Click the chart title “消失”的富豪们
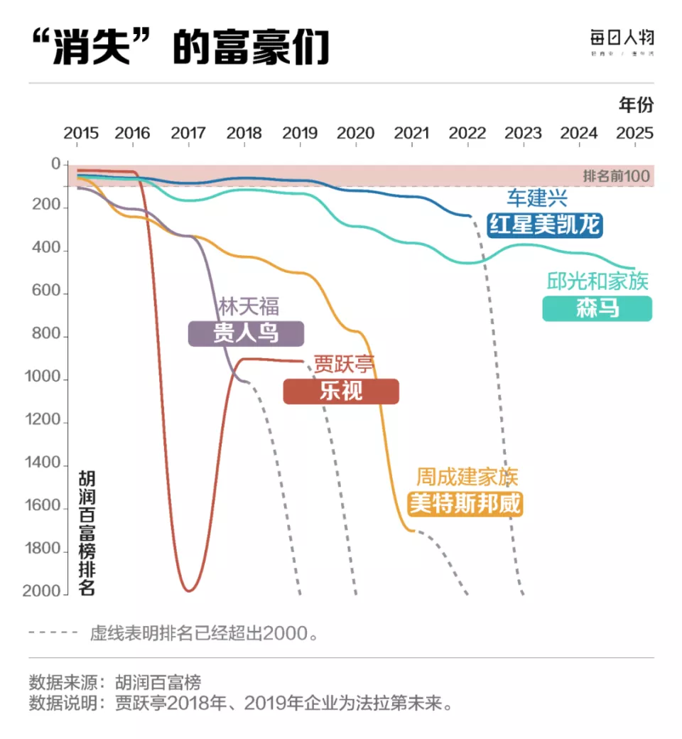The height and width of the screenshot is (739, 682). coord(181,48)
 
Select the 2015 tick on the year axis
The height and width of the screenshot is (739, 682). coord(81,133)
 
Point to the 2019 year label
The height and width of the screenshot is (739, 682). coord(300,133)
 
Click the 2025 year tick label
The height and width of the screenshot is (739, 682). coord(634,133)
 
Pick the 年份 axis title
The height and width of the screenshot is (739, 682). coord(636,105)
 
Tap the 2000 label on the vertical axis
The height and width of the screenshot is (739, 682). coord(45,593)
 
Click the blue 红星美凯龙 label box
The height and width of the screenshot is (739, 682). coord(544,225)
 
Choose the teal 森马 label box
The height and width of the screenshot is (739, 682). coord(597,308)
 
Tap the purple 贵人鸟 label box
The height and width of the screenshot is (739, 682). coord(246,333)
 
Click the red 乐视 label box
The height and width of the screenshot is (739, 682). coord(341,392)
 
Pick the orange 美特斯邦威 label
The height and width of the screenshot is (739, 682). coord(465,504)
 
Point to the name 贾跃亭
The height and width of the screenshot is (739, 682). coord(345,365)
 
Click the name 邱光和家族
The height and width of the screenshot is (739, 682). coord(597,281)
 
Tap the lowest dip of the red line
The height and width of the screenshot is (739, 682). coord(188,590)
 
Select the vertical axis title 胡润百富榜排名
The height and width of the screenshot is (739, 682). coord(87,532)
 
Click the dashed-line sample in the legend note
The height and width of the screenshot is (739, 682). coord(53,632)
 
